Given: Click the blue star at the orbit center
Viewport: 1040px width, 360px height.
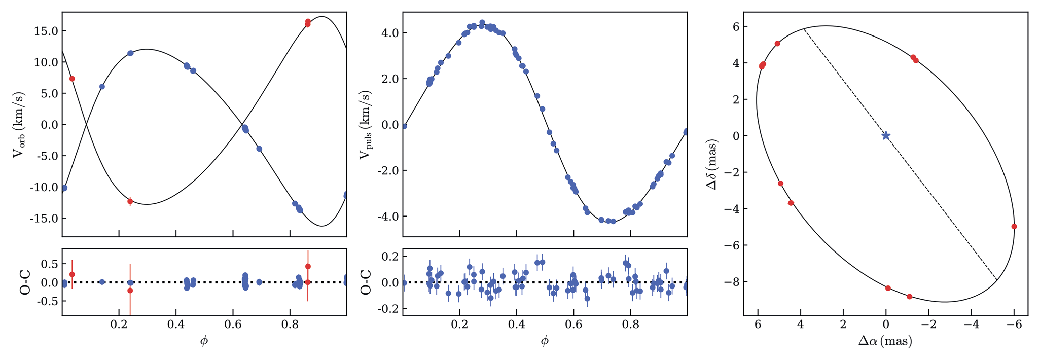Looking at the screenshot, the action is pos(886,136).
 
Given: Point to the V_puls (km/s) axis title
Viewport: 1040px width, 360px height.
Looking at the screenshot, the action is pos(364,125).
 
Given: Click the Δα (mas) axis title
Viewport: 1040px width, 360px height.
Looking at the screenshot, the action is pos(885,342).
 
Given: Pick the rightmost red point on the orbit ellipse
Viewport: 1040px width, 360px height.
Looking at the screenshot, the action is pos(1014,227).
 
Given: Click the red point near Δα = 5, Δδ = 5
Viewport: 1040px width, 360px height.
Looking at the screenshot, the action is pos(777,44).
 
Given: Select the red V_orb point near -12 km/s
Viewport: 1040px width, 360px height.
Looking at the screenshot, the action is pos(130,201).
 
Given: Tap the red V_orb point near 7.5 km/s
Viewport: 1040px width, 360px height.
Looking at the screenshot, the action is pos(72,79).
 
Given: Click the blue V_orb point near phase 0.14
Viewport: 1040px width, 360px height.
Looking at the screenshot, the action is pos(102,87).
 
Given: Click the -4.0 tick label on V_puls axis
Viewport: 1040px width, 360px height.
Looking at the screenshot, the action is pos(386,217).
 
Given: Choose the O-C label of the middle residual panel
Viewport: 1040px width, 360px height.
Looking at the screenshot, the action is pos(365,282).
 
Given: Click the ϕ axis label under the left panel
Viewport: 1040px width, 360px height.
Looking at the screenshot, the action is pos(204,341).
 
